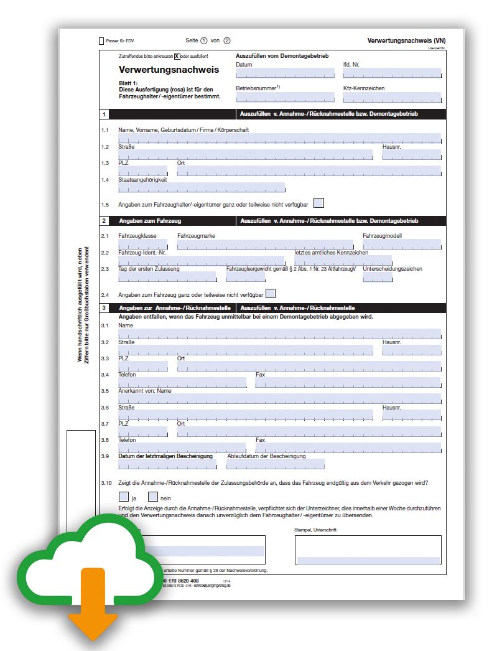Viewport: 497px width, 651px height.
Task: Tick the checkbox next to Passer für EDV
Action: coord(102,41)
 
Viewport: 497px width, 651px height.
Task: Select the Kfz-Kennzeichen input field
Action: coord(392,98)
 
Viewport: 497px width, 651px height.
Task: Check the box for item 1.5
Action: coord(319,203)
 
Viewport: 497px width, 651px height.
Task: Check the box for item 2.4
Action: coord(271,294)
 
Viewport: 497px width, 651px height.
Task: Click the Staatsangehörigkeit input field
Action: coord(202,187)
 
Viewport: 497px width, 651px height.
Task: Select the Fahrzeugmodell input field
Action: coord(402,245)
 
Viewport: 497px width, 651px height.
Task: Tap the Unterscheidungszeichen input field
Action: coord(378,277)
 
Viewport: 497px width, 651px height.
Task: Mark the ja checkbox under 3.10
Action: coord(124,497)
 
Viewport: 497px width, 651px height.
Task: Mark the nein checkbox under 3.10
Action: coord(153,497)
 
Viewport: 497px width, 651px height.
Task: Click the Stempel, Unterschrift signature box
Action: coord(368,550)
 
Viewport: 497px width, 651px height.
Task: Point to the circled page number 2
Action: coord(227,40)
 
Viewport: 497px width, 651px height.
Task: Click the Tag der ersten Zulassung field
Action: coord(167,277)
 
